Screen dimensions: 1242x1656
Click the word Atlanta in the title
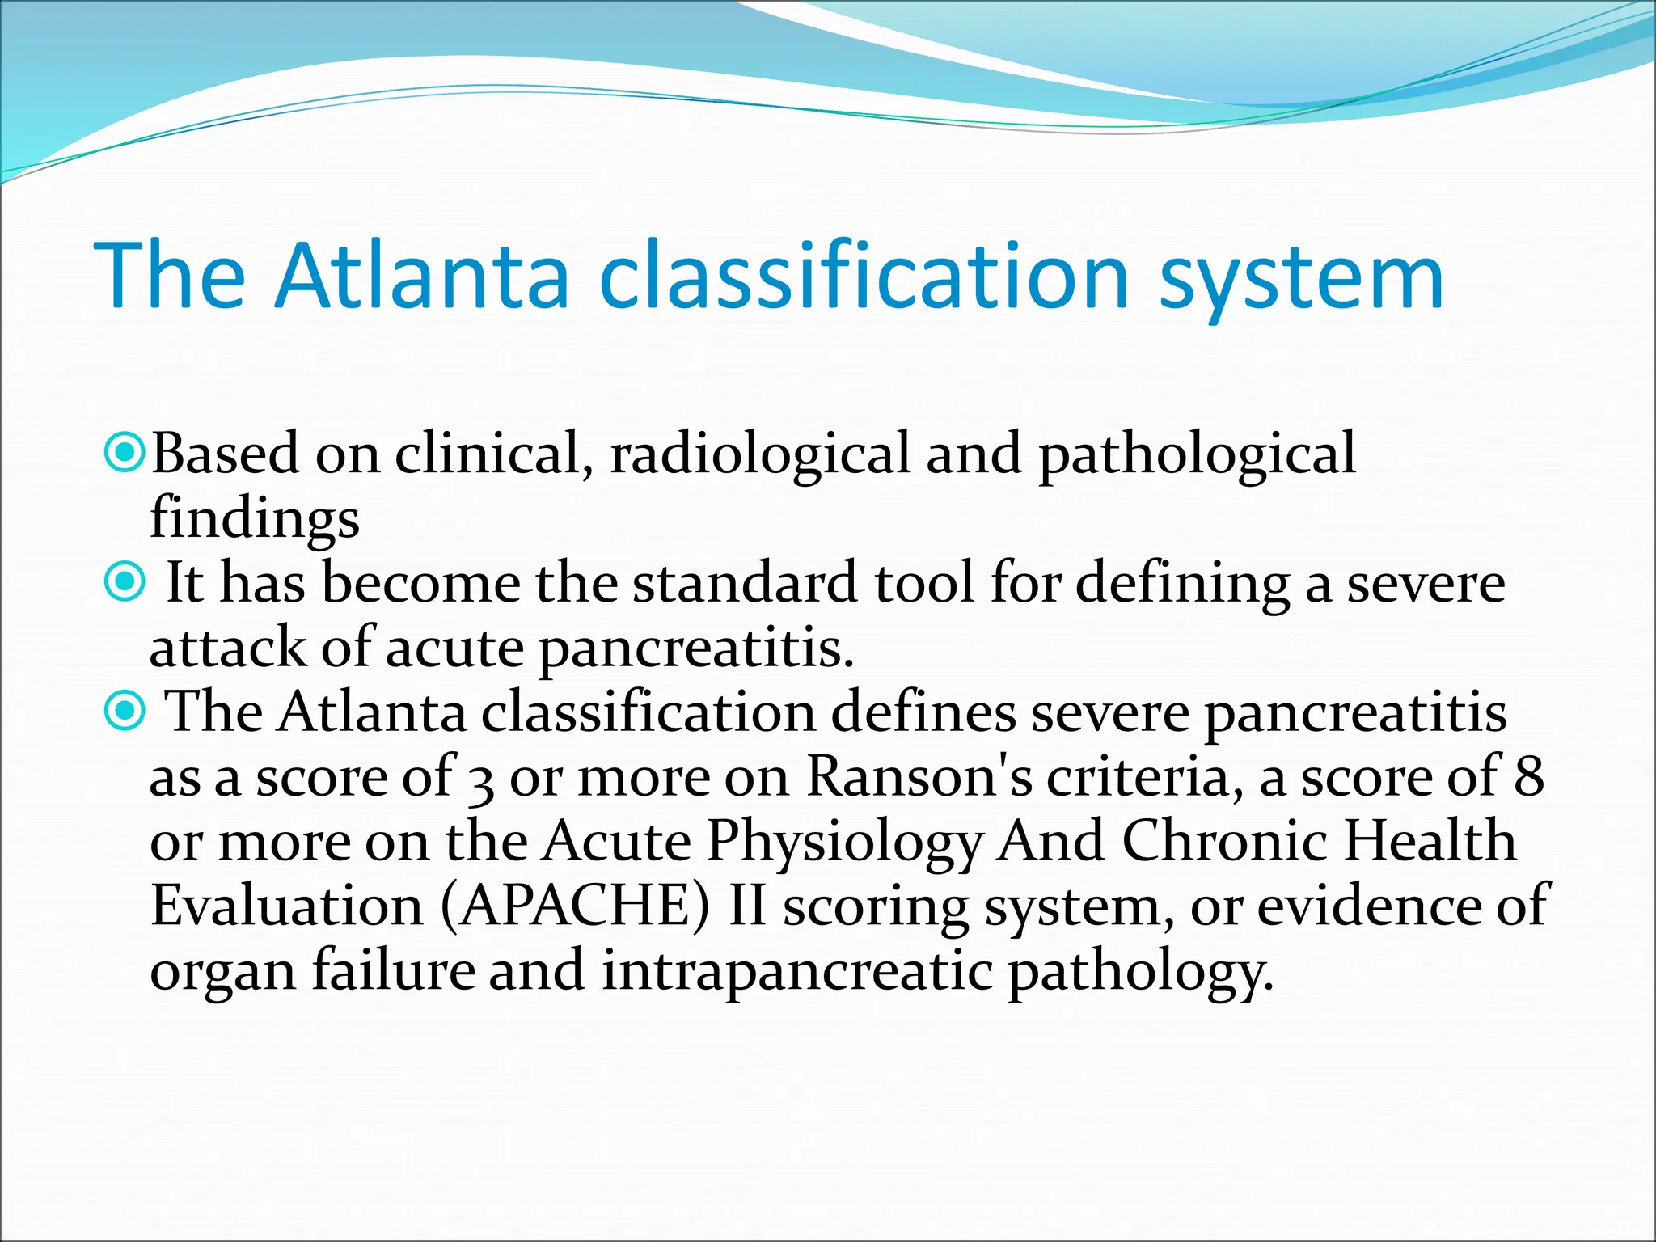coord(422,277)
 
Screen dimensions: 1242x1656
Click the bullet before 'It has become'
coord(125,581)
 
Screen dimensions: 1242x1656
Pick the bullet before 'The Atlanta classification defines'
coord(125,711)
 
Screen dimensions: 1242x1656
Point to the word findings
coord(255,519)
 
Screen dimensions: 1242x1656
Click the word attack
coord(227,648)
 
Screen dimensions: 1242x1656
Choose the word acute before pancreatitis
coord(454,649)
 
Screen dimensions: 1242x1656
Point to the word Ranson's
coord(919,777)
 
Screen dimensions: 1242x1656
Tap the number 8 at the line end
coord(1528,777)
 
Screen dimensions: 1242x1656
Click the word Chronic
coord(1224,841)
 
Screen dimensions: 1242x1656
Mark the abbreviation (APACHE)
coord(576,906)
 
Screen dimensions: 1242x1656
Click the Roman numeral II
coord(747,906)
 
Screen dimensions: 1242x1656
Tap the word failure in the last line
coord(394,970)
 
